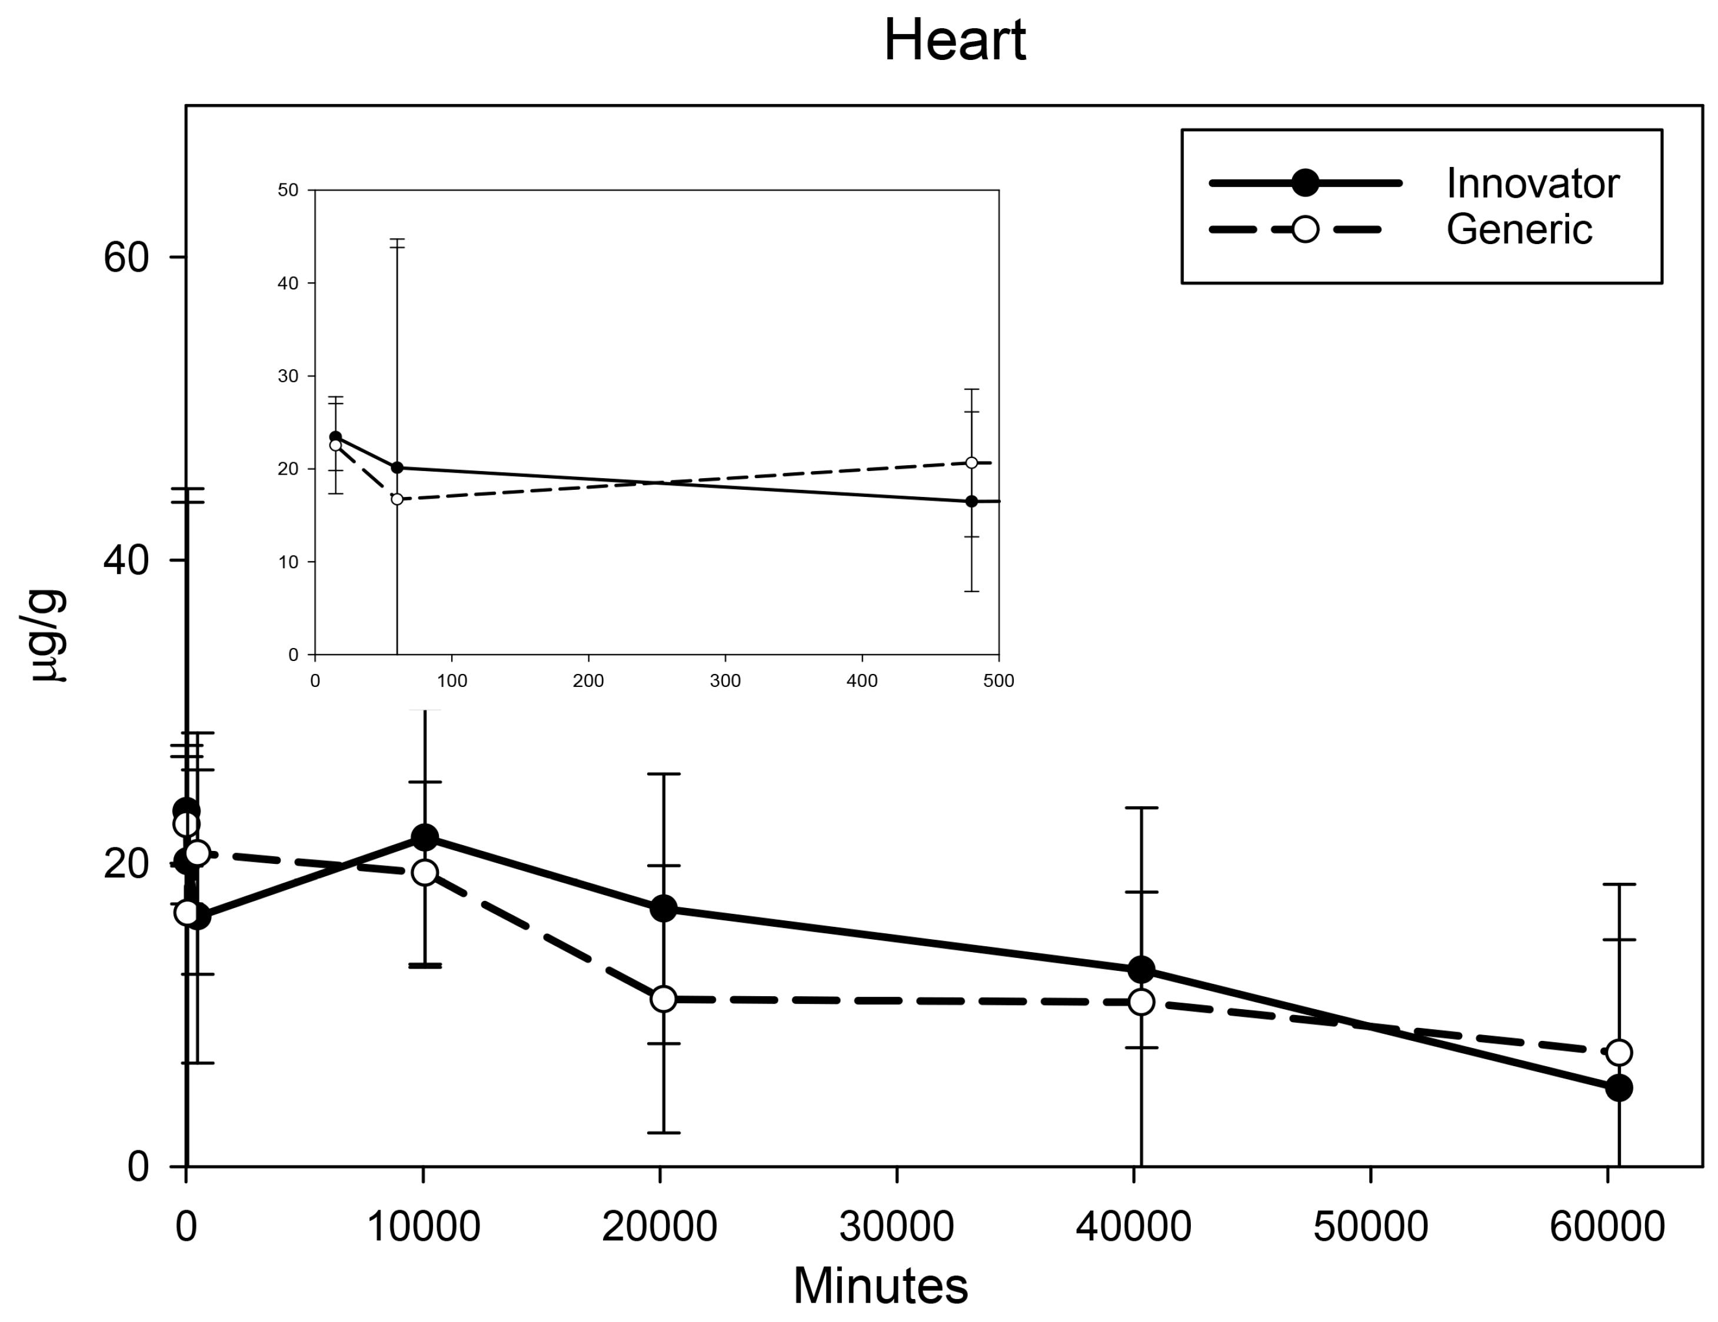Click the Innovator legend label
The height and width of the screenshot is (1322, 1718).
[x=1531, y=183]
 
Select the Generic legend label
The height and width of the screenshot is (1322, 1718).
[x=1518, y=229]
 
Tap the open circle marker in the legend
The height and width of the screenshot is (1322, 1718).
[x=1305, y=229]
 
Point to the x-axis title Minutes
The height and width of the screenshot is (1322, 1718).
[x=880, y=1285]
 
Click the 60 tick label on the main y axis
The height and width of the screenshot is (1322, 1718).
[x=126, y=258]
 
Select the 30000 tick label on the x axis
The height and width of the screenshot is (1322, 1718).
[x=896, y=1226]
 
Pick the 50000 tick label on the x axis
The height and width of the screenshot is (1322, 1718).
[x=1370, y=1226]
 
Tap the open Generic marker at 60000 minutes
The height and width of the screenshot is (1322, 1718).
[x=1618, y=1052]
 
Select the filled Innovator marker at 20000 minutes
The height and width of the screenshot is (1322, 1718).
[x=663, y=909]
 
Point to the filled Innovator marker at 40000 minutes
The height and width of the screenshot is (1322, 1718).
[x=1141, y=970]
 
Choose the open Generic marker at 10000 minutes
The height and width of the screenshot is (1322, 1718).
[x=425, y=872]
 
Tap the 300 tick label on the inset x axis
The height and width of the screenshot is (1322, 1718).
[x=724, y=681]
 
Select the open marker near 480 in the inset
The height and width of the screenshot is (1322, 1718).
[x=971, y=462]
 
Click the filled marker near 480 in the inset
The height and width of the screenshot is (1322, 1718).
[x=971, y=501]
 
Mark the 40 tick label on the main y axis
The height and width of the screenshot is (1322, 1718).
[x=126, y=560]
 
